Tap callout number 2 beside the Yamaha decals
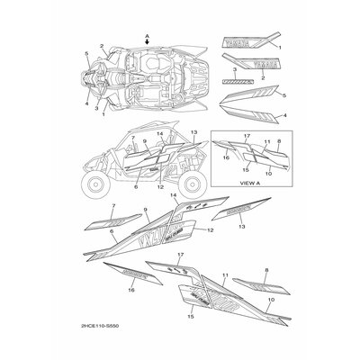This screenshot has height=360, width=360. [x=261, y=77]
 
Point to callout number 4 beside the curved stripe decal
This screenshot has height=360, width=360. [x=285, y=116]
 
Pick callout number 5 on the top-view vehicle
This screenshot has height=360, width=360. [x=86, y=56]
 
